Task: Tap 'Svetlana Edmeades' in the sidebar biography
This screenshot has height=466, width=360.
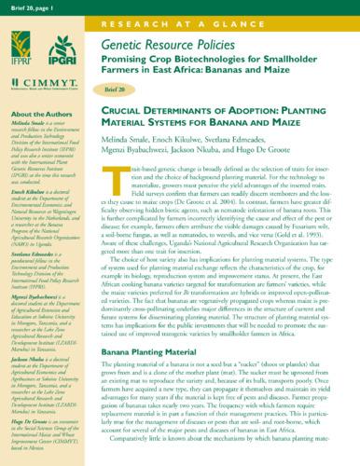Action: coord(31,226)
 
